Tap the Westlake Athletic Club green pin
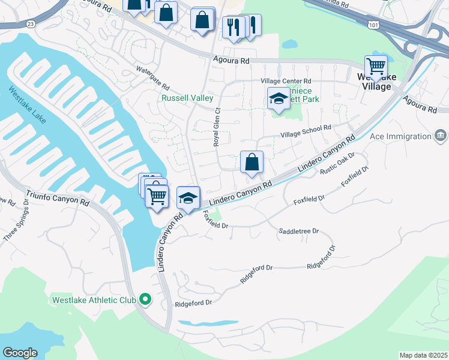pyautogui.click(x=145, y=298)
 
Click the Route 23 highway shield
pyautogui.click(x=31, y=23)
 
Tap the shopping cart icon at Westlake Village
pyautogui.click(x=376, y=66)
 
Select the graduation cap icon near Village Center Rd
pyautogui.click(x=279, y=98)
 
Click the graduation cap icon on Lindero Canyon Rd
pyautogui.click(x=188, y=198)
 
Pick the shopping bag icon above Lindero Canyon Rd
pyautogui.click(x=252, y=162)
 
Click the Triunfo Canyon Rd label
pyautogui.click(x=57, y=199)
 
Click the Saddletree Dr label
pyautogui.click(x=298, y=230)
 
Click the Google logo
pyautogui.click(x=20, y=353)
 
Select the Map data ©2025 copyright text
pyautogui.click(x=423, y=355)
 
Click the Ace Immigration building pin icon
pyautogui.click(x=440, y=136)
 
